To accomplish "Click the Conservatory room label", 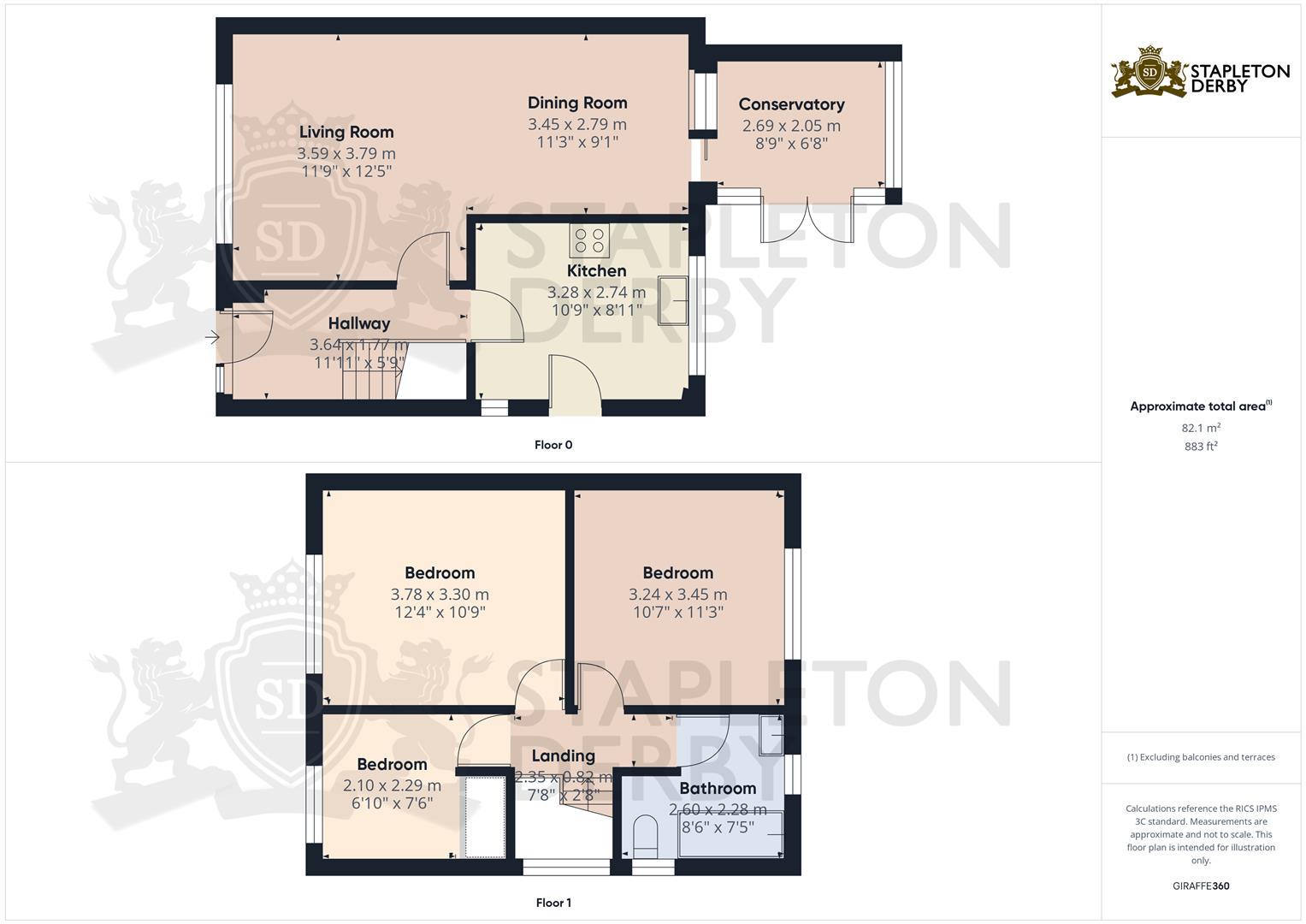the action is point(791,104).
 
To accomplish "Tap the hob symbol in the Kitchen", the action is point(589,240).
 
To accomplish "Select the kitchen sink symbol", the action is point(673,300).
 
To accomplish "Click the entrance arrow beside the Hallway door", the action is point(212,337).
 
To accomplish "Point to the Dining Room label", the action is point(577,103).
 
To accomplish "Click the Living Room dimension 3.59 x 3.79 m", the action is point(346,153).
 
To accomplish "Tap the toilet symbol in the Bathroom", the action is point(645,836).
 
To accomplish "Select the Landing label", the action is point(564,756).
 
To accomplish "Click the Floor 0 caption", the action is point(553,445).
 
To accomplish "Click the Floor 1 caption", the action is point(553,903).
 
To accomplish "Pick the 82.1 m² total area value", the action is point(1201,428).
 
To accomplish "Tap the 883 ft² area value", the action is point(1201,447).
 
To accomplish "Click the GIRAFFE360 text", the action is point(1201,885).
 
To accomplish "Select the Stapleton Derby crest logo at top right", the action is point(1149,73).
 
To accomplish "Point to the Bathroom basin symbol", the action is point(771,736).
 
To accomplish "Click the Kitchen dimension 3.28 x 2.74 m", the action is point(596,293).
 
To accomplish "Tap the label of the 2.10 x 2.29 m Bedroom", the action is point(392,764).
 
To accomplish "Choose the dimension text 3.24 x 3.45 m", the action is point(678,595).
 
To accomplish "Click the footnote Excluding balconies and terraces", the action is point(1201,757).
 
